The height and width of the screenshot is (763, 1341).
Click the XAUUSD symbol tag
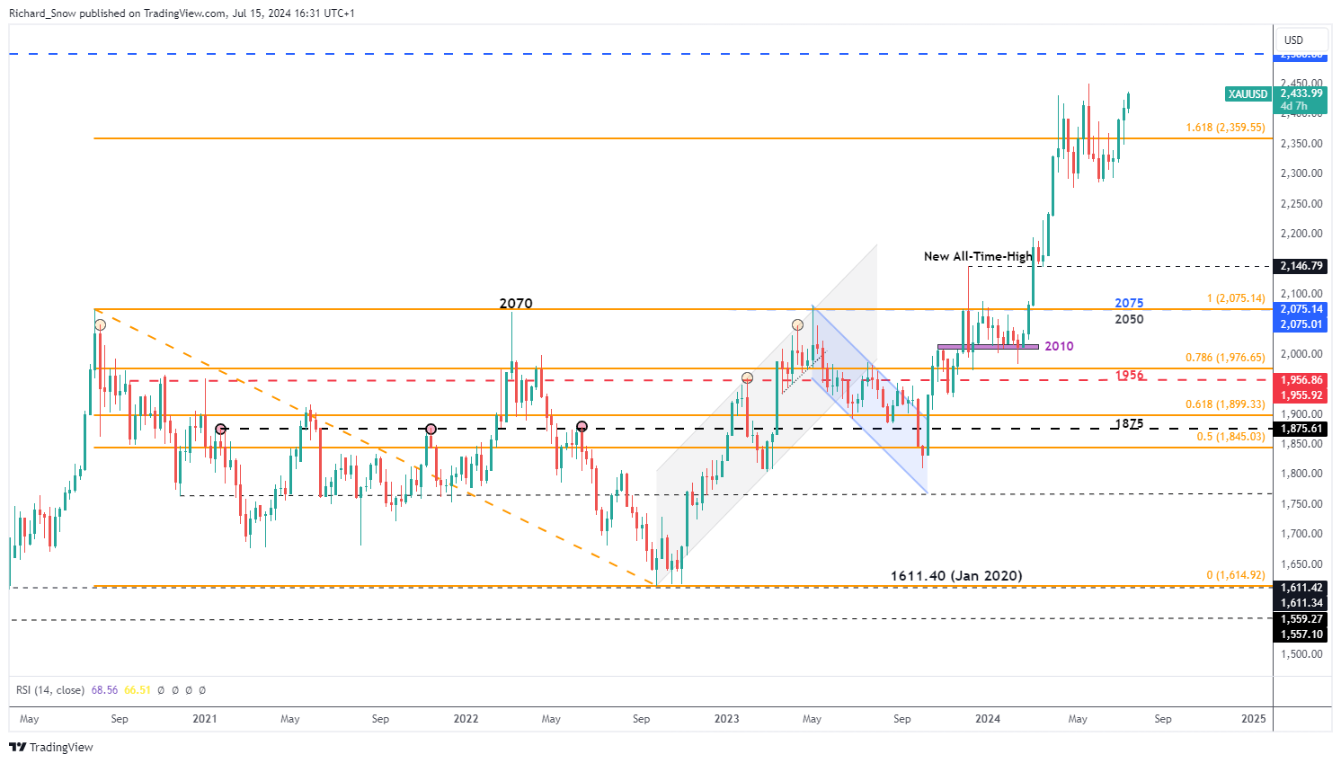(x=1248, y=94)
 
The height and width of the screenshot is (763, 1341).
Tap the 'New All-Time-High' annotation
(x=978, y=257)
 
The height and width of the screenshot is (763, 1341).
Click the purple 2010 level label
(x=1059, y=346)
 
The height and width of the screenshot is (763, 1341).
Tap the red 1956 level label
(x=1130, y=376)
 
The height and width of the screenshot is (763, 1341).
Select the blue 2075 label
(x=1129, y=304)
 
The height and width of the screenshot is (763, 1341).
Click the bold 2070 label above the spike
(x=516, y=304)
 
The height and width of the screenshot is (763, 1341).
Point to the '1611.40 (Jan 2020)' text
(x=956, y=576)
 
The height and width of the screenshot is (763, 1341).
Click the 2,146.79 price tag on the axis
(x=1301, y=266)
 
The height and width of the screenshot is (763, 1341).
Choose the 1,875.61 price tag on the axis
(x=1301, y=429)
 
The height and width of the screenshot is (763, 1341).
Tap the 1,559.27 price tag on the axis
(x=1301, y=619)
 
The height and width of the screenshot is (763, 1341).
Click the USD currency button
(x=1293, y=40)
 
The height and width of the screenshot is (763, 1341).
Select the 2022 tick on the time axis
(x=466, y=719)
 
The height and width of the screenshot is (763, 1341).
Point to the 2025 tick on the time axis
(x=1253, y=719)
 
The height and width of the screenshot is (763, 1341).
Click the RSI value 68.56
(x=104, y=690)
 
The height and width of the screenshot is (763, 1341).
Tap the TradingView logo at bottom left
(x=51, y=747)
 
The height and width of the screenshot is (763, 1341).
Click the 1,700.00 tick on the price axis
(x=1301, y=534)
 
